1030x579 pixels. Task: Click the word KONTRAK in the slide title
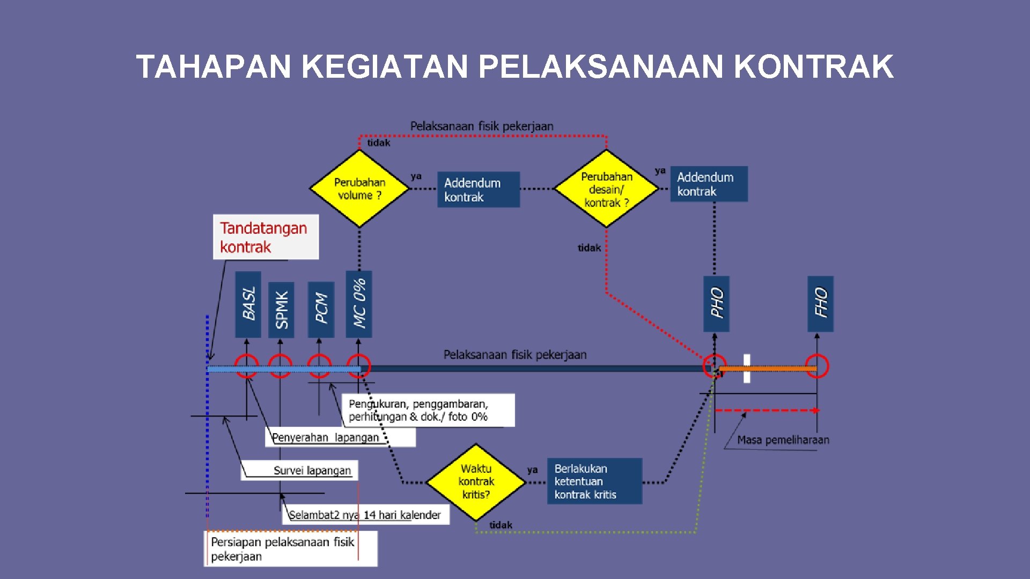coord(813,67)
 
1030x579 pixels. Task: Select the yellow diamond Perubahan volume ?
coord(359,189)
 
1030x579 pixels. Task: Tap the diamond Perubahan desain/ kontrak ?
coord(606,189)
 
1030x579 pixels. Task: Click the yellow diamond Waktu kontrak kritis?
coord(476,481)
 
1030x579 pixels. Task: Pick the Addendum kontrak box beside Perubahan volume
coord(478,190)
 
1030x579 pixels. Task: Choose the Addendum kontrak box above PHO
coord(709,184)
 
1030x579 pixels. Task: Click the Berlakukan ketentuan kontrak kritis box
coord(594,481)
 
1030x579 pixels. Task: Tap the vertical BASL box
coord(248,304)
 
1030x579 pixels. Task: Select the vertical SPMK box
coord(281,309)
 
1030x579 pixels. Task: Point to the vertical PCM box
coord(321,309)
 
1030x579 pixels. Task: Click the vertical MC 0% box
coord(359,304)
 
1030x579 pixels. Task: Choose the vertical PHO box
coord(716,303)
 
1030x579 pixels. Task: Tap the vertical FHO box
coord(820,303)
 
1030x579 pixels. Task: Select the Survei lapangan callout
coord(312,470)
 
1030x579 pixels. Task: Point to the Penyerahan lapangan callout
coord(326,437)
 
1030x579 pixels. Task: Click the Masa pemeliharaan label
coord(783,440)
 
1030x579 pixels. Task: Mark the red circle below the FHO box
coord(817,366)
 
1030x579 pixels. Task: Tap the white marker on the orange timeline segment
coord(747,368)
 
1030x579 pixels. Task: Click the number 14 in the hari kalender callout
coord(370,515)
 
